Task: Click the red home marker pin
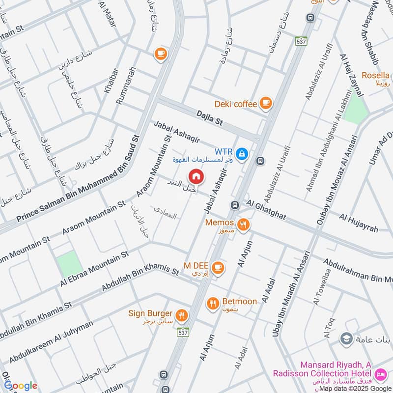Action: click(x=196, y=176)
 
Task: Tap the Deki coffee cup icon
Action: click(x=266, y=103)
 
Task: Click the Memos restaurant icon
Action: click(x=243, y=225)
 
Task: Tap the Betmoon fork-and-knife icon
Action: click(x=213, y=304)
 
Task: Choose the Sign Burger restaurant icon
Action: click(x=182, y=315)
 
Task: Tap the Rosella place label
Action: click(x=376, y=76)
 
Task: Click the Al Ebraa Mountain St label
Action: click(x=94, y=268)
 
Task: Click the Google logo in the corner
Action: click(x=21, y=386)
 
